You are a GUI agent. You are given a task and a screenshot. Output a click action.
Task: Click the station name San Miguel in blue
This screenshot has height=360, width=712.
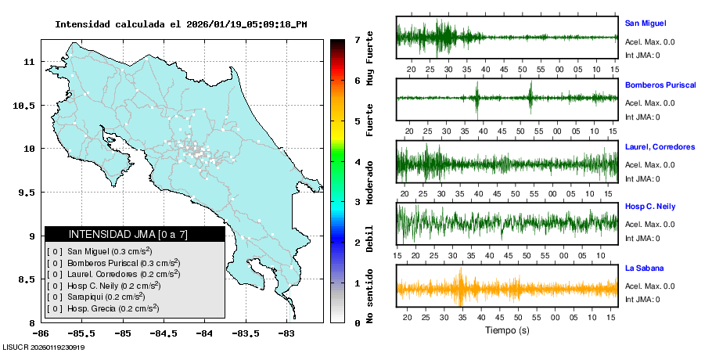645,23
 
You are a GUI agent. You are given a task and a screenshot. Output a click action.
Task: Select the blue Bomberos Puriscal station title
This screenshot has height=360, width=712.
660,85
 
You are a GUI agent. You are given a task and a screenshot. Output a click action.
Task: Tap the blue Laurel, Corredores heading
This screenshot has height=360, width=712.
660,146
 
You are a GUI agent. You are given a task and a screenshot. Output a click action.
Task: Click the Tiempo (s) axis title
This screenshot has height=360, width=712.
506,330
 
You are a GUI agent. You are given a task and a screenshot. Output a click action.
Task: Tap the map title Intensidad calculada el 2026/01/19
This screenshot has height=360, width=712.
181,24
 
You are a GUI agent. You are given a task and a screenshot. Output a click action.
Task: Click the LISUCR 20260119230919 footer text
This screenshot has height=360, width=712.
44,347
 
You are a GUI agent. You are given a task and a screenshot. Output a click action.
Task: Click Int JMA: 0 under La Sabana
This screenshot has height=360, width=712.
642,300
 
